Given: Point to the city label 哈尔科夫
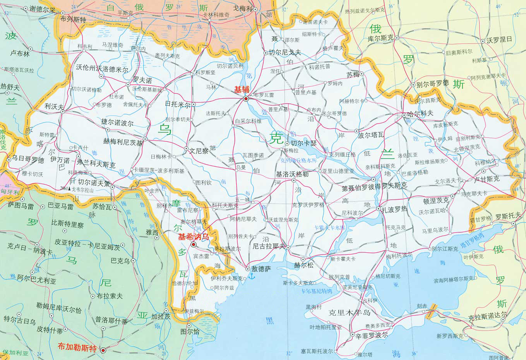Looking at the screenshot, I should click(420, 114).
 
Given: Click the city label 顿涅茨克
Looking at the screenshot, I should click(436, 201).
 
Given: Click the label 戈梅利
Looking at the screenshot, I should click(243, 8).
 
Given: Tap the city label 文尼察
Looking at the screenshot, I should click(199, 151).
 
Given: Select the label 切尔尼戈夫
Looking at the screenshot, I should click(284, 52).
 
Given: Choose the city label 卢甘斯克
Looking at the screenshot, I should click(487, 179).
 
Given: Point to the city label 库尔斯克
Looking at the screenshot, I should click(380, 38).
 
